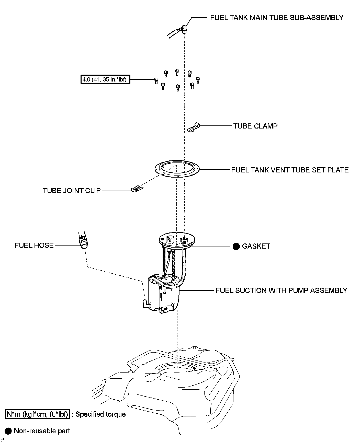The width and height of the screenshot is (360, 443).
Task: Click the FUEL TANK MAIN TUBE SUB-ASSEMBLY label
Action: pos(276,18)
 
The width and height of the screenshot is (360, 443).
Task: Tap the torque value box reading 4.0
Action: pos(105,79)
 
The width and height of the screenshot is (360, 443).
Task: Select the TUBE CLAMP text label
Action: pos(255,126)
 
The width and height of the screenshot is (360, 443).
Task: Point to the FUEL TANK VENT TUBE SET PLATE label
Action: pos(290,170)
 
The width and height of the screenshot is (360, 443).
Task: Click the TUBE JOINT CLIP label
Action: pos(72,191)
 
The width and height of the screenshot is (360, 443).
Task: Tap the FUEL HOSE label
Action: pos(34,245)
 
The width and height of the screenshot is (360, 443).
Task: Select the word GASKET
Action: pos(256,246)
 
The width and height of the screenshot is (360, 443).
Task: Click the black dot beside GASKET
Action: pos(236,246)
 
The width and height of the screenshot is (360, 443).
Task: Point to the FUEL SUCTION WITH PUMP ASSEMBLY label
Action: pos(281,290)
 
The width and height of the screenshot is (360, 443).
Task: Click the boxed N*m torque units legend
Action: pos(37,414)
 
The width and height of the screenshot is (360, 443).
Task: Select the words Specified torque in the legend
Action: pos(100,414)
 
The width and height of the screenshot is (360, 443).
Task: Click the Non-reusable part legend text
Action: pos(42,431)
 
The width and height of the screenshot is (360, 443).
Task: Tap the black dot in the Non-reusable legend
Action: pos(8,431)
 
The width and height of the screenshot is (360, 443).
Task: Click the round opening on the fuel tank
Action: pos(177,369)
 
